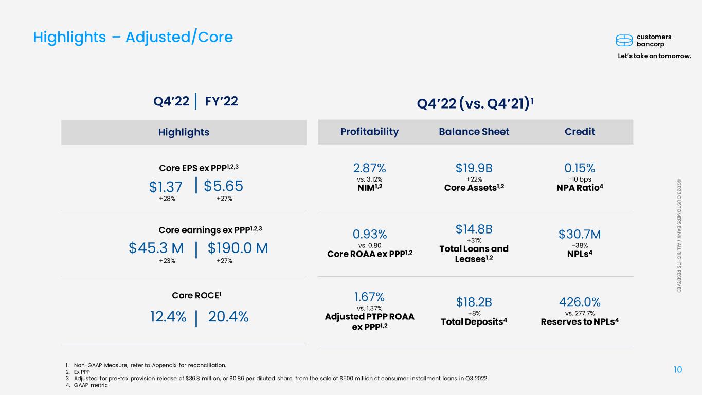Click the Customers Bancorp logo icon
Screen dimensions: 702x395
point(624,41)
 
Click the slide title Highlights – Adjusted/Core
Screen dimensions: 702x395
point(133,37)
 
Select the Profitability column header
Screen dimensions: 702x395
point(369,132)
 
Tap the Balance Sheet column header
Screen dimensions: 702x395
point(474,131)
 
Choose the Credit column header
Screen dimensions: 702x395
point(580,131)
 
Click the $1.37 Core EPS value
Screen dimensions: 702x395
point(166,187)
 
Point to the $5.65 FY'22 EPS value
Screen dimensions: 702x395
point(223,186)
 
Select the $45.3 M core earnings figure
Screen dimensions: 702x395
point(156,248)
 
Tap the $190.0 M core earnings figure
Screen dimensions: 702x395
point(238,248)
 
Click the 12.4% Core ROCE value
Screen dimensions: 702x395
point(168,317)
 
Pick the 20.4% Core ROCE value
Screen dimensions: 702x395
point(228,317)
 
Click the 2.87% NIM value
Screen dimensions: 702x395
point(369,168)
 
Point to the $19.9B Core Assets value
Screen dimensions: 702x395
point(474,168)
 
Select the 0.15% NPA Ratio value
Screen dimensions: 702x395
point(580,168)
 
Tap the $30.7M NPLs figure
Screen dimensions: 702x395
point(580,235)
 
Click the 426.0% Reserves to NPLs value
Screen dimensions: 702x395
point(580,302)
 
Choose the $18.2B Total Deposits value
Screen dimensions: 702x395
point(474,302)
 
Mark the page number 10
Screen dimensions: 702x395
point(678,370)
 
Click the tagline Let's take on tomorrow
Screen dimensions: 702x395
point(654,56)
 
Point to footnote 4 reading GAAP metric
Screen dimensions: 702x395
point(87,385)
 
